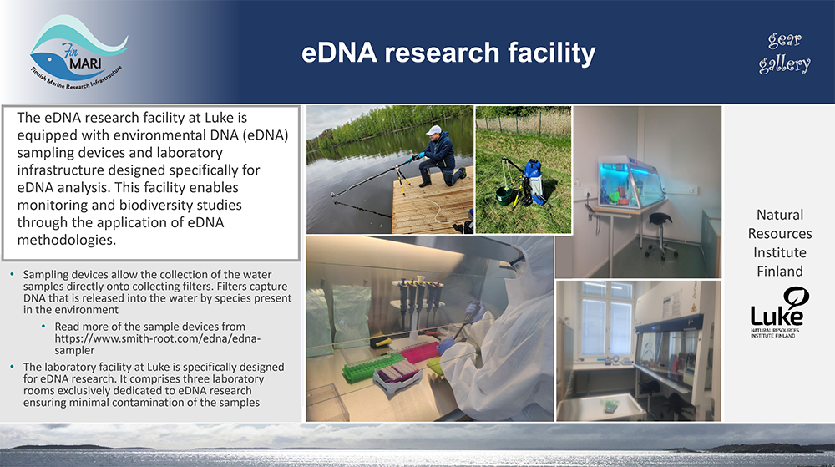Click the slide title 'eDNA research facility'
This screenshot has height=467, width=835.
(448, 53)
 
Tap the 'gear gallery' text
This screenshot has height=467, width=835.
(784, 52)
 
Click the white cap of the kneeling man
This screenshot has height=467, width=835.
(434, 130)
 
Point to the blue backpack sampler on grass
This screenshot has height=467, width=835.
(533, 180)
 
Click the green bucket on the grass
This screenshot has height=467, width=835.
(504, 195)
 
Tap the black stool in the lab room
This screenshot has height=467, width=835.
(659, 234)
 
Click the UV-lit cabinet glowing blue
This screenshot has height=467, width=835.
(629, 181)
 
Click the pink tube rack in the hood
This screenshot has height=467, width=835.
(421, 352)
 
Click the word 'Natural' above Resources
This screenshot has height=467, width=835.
(780, 215)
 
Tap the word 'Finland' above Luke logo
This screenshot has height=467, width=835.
(780, 271)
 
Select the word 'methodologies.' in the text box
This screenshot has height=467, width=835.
(67, 240)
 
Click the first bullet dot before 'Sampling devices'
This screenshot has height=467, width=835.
(13, 275)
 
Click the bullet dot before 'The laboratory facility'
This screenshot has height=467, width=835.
(13, 368)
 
